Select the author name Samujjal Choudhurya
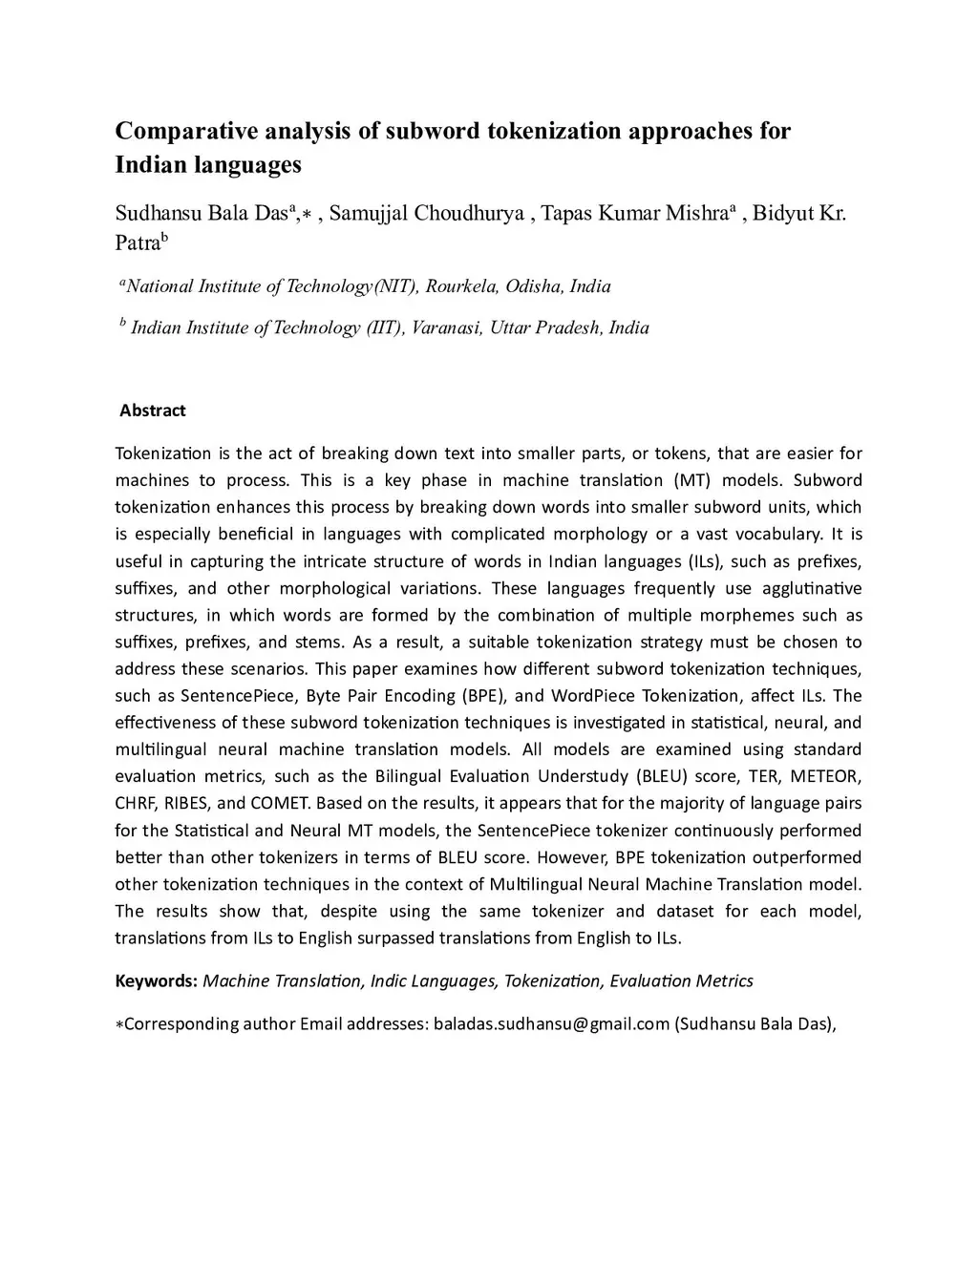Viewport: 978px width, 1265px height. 426,213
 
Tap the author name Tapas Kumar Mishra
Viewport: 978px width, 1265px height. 633,213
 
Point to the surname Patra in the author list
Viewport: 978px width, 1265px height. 137,242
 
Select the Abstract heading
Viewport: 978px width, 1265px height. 153,411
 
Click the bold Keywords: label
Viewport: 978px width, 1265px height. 157,980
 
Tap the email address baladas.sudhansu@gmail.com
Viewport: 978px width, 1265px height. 551,1024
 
